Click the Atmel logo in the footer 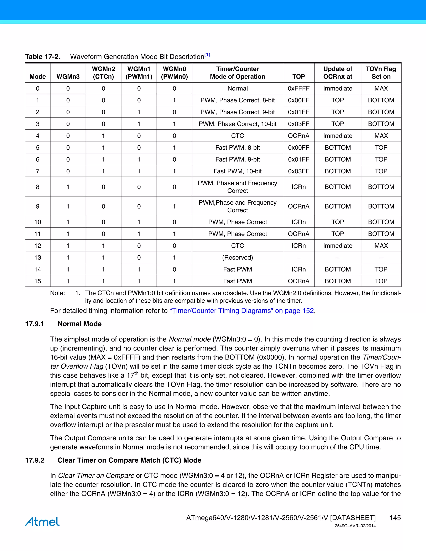(x=42, y=522)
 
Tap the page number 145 (x=395, y=518)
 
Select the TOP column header (x=298, y=77)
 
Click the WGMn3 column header (x=68, y=77)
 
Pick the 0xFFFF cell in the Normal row (x=298, y=88)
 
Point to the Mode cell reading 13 (x=38, y=257)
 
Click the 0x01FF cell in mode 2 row (x=298, y=112)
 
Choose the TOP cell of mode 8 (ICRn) (x=298, y=187)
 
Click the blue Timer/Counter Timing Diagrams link (x=241, y=311)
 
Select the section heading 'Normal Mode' (x=79, y=324)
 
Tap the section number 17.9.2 (x=35, y=460)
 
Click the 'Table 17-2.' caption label (x=43, y=57)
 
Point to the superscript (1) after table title (x=207, y=55)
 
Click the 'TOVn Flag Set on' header (x=381, y=73)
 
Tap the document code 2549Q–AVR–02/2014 (x=355, y=526)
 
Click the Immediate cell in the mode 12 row (x=337, y=246)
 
